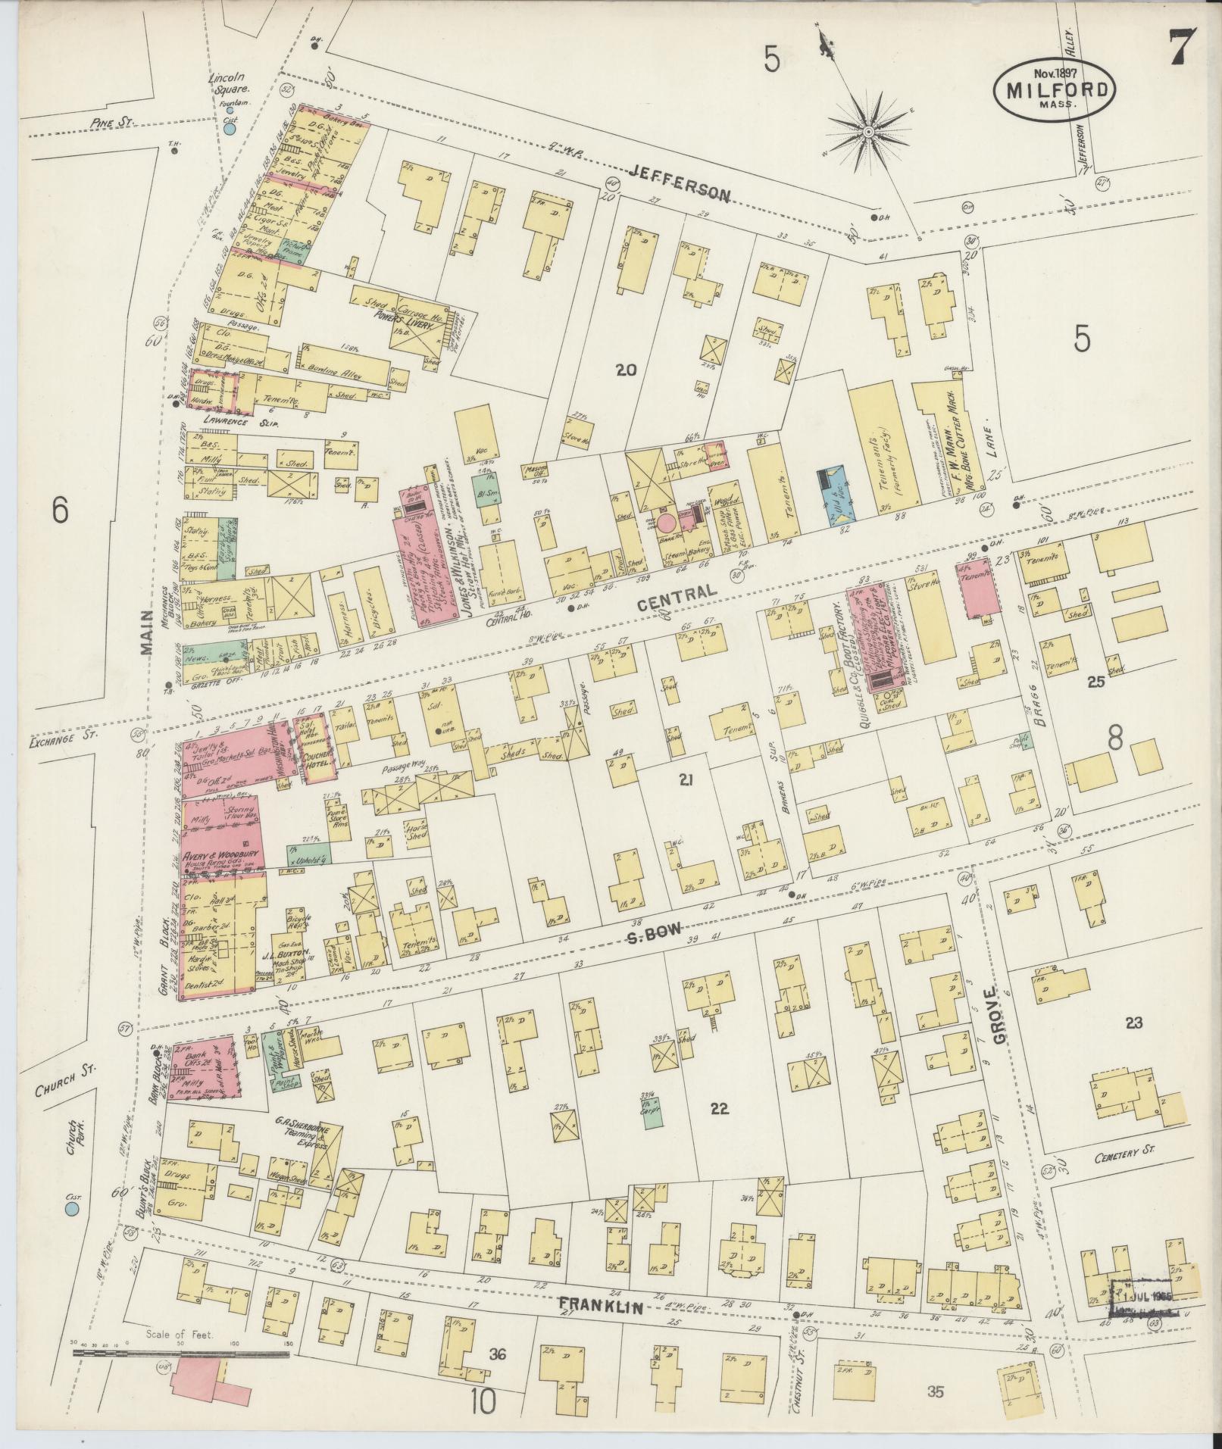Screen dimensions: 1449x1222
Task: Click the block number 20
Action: point(626,370)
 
